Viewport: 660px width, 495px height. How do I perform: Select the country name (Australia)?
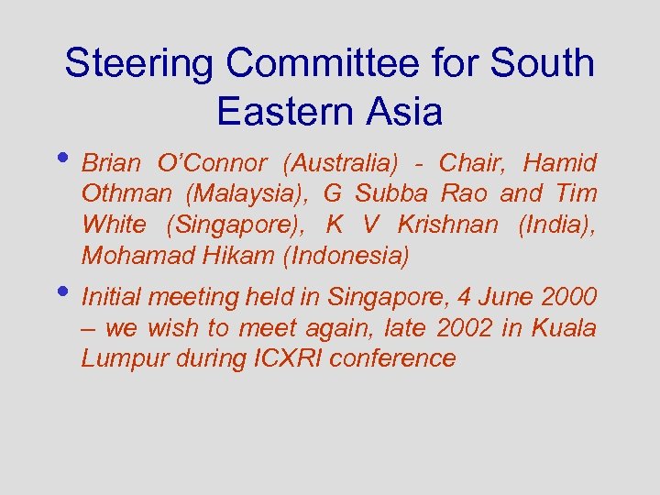341,164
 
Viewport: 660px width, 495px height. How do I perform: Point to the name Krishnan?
448,225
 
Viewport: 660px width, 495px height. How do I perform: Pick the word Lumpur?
117,358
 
